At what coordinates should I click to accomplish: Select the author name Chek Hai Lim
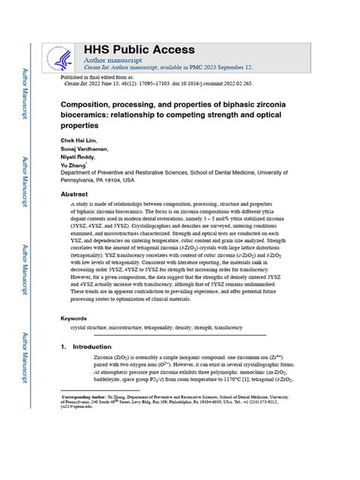click(80, 141)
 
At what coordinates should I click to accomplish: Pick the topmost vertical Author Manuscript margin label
click(26, 90)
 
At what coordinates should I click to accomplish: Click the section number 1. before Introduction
click(64, 346)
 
